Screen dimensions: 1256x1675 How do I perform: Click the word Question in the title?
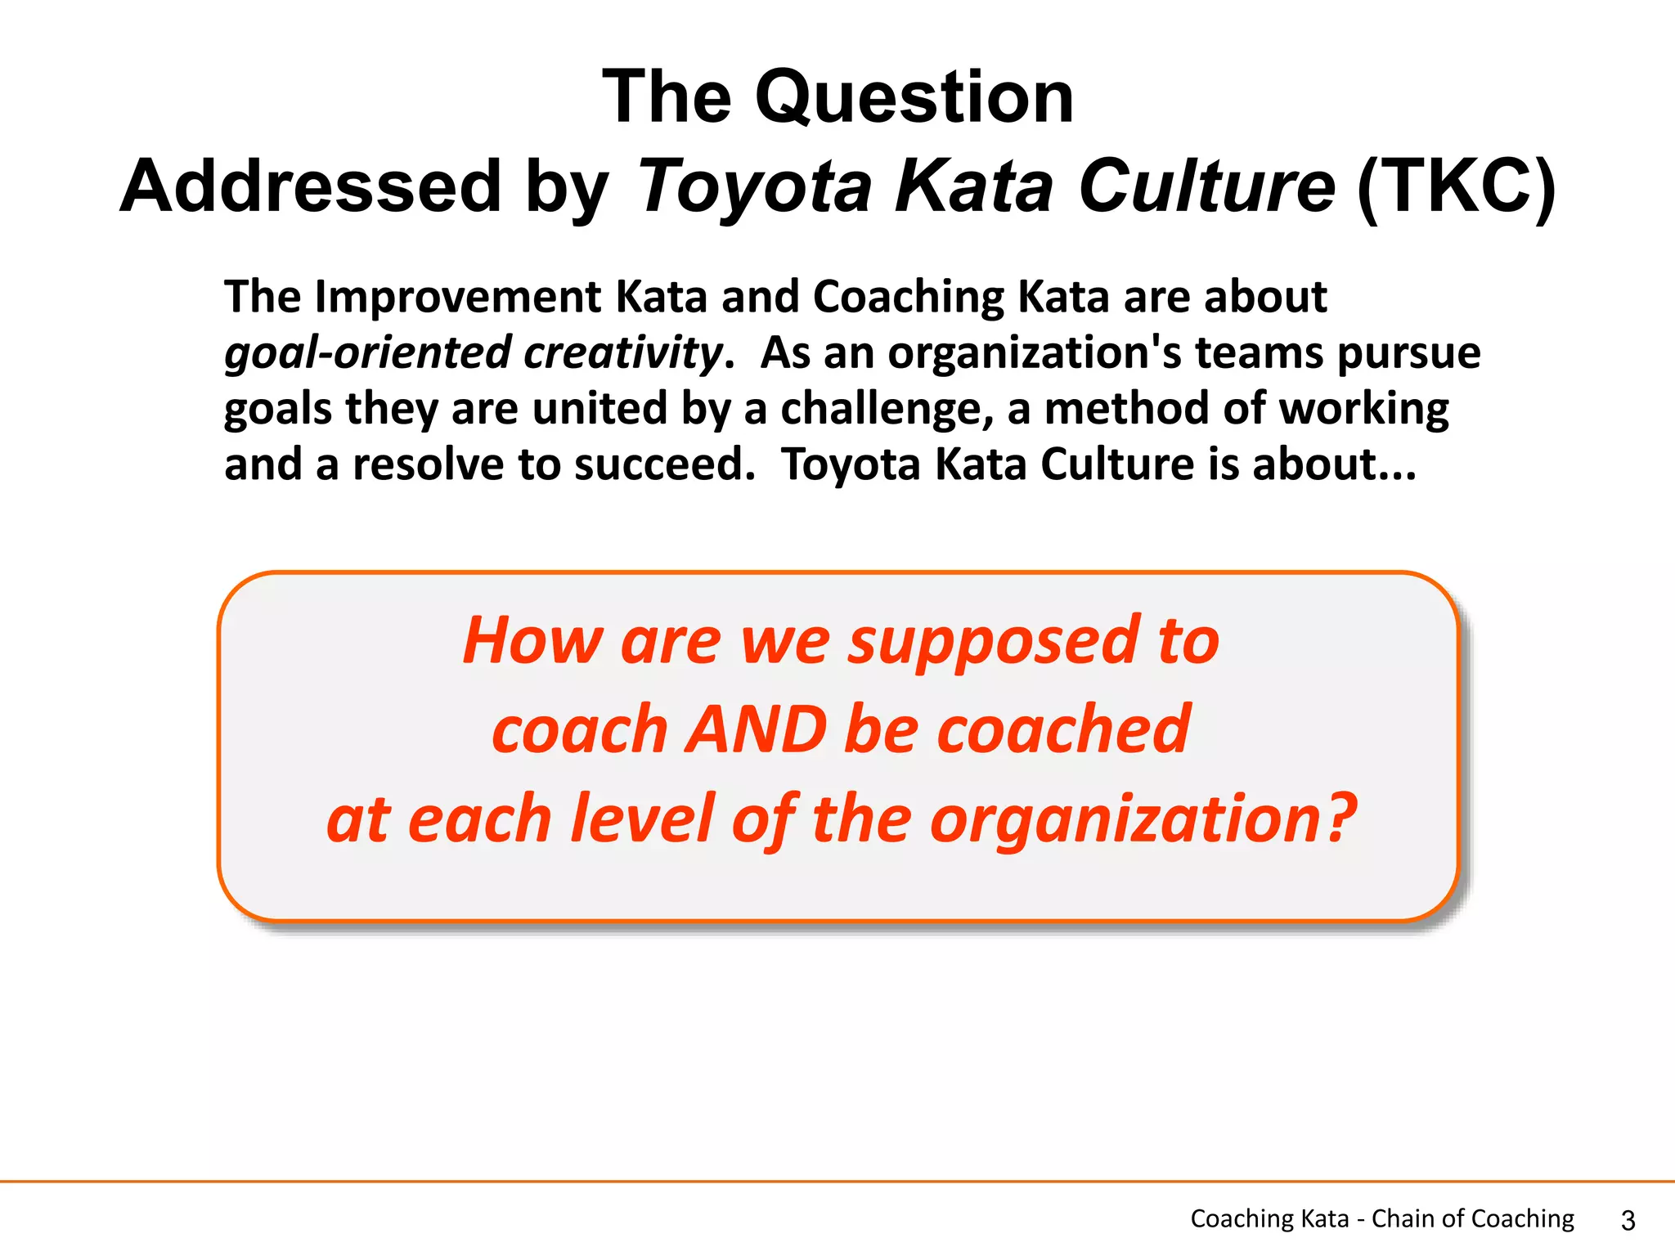click(914, 98)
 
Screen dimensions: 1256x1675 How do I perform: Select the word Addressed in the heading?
click(310, 186)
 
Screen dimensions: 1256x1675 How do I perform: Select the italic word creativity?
click(623, 353)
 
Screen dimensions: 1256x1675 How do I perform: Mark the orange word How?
click(532, 641)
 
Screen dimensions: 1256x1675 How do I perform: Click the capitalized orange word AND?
click(757, 729)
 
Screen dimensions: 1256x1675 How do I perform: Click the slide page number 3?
click(1628, 1221)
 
